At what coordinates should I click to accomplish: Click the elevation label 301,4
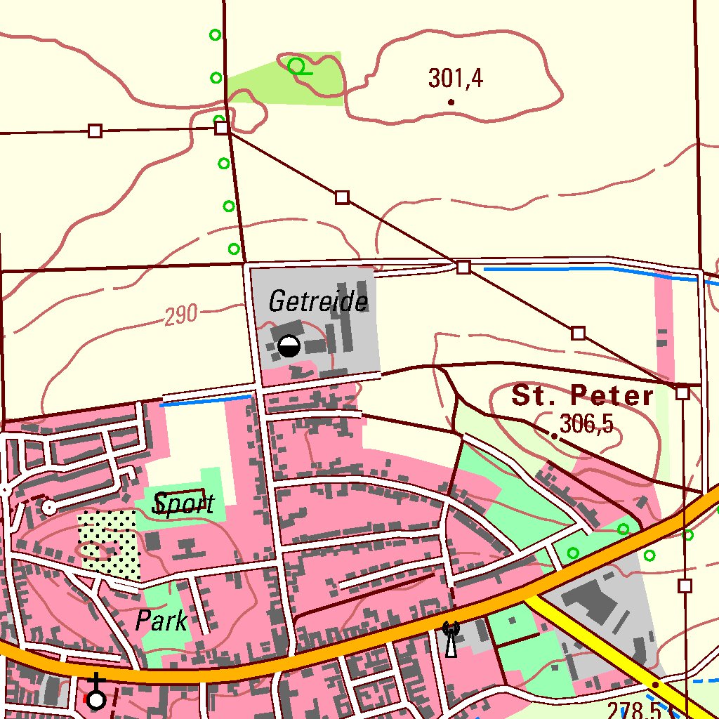456,79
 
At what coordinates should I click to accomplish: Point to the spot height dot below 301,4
451,103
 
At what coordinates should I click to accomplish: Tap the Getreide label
318,302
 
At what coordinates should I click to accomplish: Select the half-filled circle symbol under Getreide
289,346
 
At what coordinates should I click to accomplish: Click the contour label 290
181,317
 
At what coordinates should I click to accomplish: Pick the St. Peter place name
583,396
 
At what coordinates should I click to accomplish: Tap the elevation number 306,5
586,424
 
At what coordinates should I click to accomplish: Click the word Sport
183,503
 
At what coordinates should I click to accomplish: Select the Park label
161,621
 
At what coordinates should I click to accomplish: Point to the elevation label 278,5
633,710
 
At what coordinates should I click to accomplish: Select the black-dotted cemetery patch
110,544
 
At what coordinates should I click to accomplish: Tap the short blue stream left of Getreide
205,401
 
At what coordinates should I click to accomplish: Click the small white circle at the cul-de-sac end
48,506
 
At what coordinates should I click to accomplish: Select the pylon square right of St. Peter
682,393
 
